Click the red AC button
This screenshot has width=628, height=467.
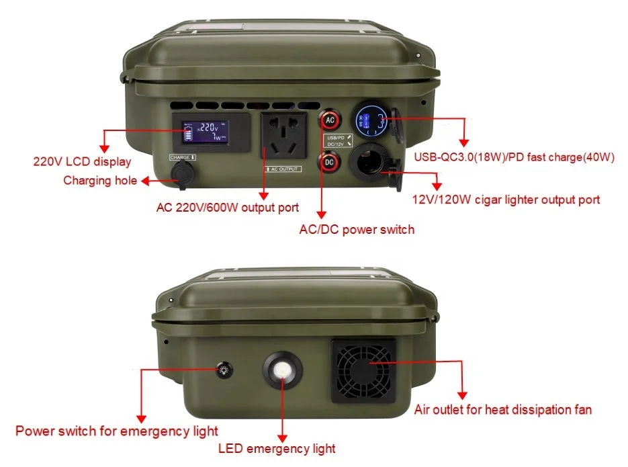point(329,120)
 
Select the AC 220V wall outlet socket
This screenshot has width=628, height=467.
point(283,138)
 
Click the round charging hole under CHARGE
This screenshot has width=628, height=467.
point(182,173)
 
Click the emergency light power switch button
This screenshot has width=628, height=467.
point(223,370)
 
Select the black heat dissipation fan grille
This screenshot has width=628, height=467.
point(362,371)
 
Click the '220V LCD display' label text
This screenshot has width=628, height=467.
point(82,162)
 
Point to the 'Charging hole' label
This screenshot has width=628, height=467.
point(100,180)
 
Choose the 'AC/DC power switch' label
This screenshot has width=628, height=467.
point(357,230)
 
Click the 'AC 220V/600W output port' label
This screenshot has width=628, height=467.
point(227,207)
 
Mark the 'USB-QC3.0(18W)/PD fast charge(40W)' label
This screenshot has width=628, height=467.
point(514,158)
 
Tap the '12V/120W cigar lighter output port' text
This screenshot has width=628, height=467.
point(506,200)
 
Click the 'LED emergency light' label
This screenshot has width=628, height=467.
point(277,448)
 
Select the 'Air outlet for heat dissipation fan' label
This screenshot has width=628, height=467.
point(502,409)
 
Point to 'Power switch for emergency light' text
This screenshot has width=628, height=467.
point(117,431)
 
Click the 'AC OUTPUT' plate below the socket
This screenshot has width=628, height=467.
point(283,169)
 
